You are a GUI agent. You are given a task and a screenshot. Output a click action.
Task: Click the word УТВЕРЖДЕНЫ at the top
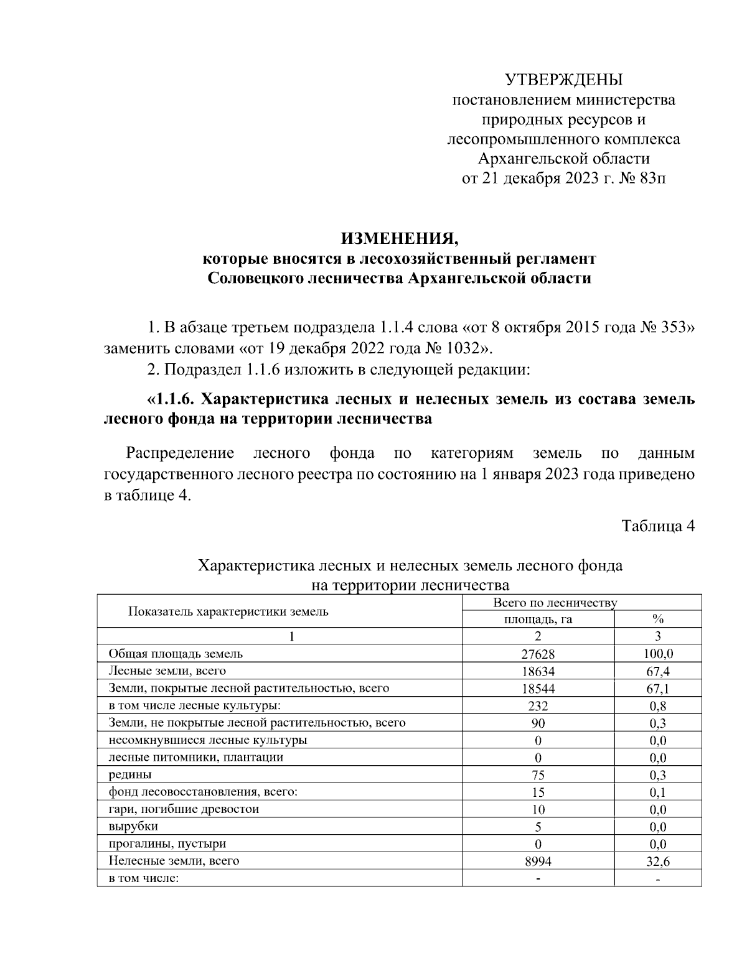563,80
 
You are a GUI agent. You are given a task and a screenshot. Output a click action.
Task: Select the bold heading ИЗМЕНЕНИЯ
399,238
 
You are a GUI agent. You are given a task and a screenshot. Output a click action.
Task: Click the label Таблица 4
658,526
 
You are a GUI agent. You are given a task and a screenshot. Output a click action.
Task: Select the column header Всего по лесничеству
554,603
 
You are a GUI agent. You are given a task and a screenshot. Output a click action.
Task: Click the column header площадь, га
538,620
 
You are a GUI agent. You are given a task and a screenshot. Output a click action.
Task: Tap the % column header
657,620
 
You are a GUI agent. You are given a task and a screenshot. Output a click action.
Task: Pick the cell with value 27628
538,654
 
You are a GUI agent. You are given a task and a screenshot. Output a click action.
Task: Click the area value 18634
538,671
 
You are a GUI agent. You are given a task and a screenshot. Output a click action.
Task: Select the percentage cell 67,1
657,689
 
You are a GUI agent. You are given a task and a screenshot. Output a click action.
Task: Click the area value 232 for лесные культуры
538,706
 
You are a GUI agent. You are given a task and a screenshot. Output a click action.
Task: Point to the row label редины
130,775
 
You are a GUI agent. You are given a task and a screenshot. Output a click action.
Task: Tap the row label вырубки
133,827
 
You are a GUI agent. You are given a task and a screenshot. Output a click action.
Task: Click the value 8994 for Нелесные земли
538,862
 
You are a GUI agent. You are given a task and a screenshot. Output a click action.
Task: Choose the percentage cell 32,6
657,862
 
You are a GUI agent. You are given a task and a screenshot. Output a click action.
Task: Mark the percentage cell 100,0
657,654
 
